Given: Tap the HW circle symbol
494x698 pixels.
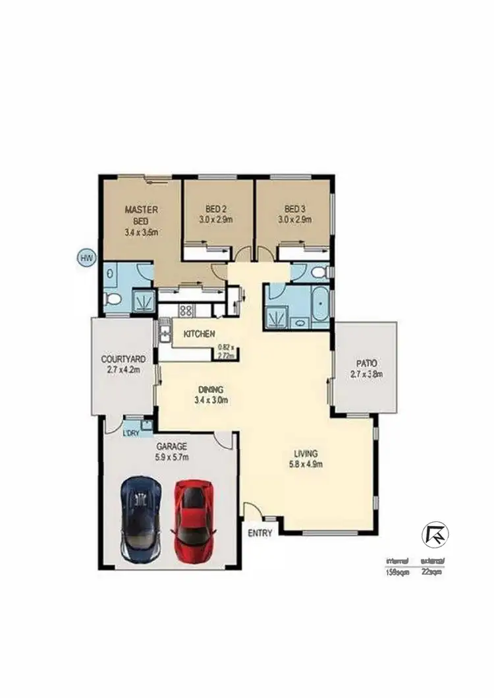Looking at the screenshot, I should [x=85, y=258].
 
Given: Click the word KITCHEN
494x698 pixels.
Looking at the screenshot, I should [x=199, y=335].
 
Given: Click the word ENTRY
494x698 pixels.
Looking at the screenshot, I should [x=260, y=534].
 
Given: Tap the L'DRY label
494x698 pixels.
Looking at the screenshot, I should [x=131, y=433].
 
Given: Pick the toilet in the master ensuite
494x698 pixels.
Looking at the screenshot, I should [x=113, y=301].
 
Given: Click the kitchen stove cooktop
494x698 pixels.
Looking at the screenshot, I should [x=186, y=309].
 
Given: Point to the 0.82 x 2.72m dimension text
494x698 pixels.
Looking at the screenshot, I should [x=227, y=351].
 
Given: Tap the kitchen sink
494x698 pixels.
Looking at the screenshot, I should [x=165, y=335].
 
